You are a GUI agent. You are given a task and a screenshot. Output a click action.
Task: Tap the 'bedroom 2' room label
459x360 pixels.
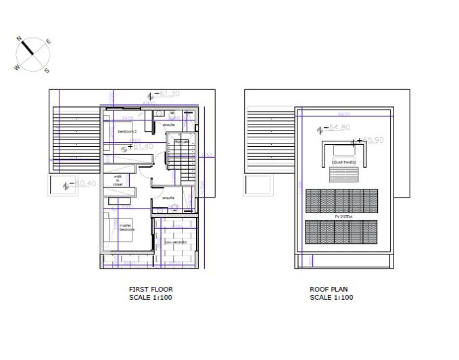(x=127, y=131)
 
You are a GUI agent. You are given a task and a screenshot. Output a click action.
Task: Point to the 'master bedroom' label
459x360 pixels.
(x=127, y=228)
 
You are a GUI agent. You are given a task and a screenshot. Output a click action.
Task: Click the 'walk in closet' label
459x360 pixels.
(x=118, y=181)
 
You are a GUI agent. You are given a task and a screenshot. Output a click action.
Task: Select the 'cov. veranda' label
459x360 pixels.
(x=176, y=242)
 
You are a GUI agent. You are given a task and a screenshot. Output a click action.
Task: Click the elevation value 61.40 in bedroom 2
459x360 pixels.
(x=145, y=146)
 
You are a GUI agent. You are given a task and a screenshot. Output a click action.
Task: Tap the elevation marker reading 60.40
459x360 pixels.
(x=87, y=183)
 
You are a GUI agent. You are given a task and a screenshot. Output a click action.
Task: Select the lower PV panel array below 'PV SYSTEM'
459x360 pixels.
(x=342, y=231)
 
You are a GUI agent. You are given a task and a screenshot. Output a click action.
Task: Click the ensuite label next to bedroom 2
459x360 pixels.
(x=169, y=125)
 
